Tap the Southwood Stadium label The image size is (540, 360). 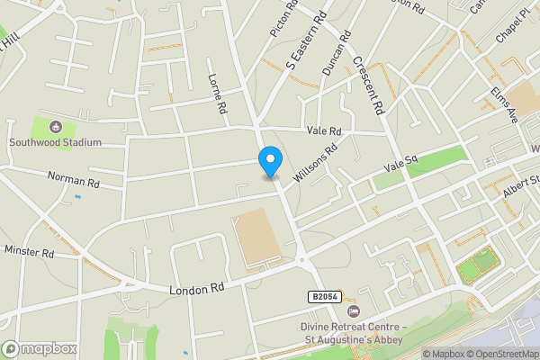pos(55,142)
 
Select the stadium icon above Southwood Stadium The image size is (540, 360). pos(56,128)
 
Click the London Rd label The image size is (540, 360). pos(195,290)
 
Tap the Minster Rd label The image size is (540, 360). pos(30,253)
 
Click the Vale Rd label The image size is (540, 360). pos(323,130)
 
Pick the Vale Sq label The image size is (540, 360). pos(400,164)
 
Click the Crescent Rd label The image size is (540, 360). pos(370,87)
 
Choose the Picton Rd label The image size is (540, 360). pos(283,18)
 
